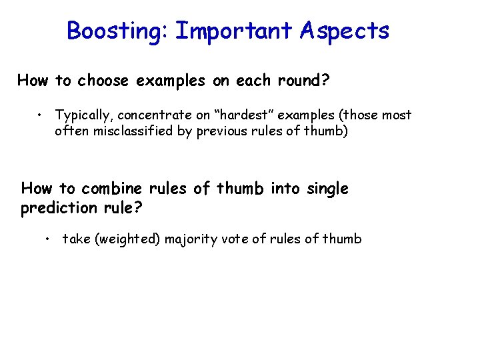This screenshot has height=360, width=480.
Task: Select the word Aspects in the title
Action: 345,31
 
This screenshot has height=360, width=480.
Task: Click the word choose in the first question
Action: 105,81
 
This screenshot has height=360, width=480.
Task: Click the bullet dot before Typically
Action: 41,115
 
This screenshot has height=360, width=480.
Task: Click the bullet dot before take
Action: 49,238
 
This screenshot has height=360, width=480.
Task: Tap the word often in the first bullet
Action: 71,131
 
